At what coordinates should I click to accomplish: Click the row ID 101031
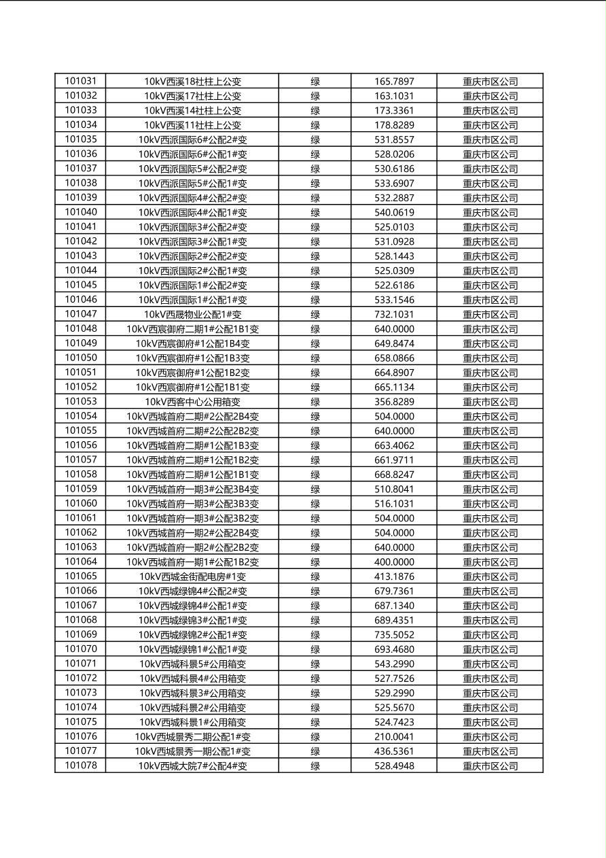click(81, 82)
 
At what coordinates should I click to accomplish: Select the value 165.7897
click(394, 82)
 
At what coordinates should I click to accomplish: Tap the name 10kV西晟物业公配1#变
click(192, 315)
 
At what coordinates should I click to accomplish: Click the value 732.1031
click(394, 315)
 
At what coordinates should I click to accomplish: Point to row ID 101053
click(81, 402)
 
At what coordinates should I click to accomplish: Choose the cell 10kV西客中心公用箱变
click(192, 402)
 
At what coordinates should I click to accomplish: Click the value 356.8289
click(394, 402)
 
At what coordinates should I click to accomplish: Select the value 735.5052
click(394, 635)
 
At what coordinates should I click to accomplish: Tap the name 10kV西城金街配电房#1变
click(192, 577)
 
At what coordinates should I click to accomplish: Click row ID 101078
click(81, 766)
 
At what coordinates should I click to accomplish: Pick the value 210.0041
click(394, 737)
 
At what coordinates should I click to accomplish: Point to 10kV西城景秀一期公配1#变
click(192, 751)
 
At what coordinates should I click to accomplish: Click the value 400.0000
click(394, 562)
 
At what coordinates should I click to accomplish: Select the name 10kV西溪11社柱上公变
click(192, 125)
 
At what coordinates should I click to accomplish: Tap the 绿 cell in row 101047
click(315, 315)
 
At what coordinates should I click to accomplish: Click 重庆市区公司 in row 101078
click(490, 766)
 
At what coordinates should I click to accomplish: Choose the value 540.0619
click(394, 213)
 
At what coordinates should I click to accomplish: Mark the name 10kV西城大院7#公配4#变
click(192, 766)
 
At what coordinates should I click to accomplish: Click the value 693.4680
click(394, 649)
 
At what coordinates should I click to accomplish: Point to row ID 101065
click(81, 577)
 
